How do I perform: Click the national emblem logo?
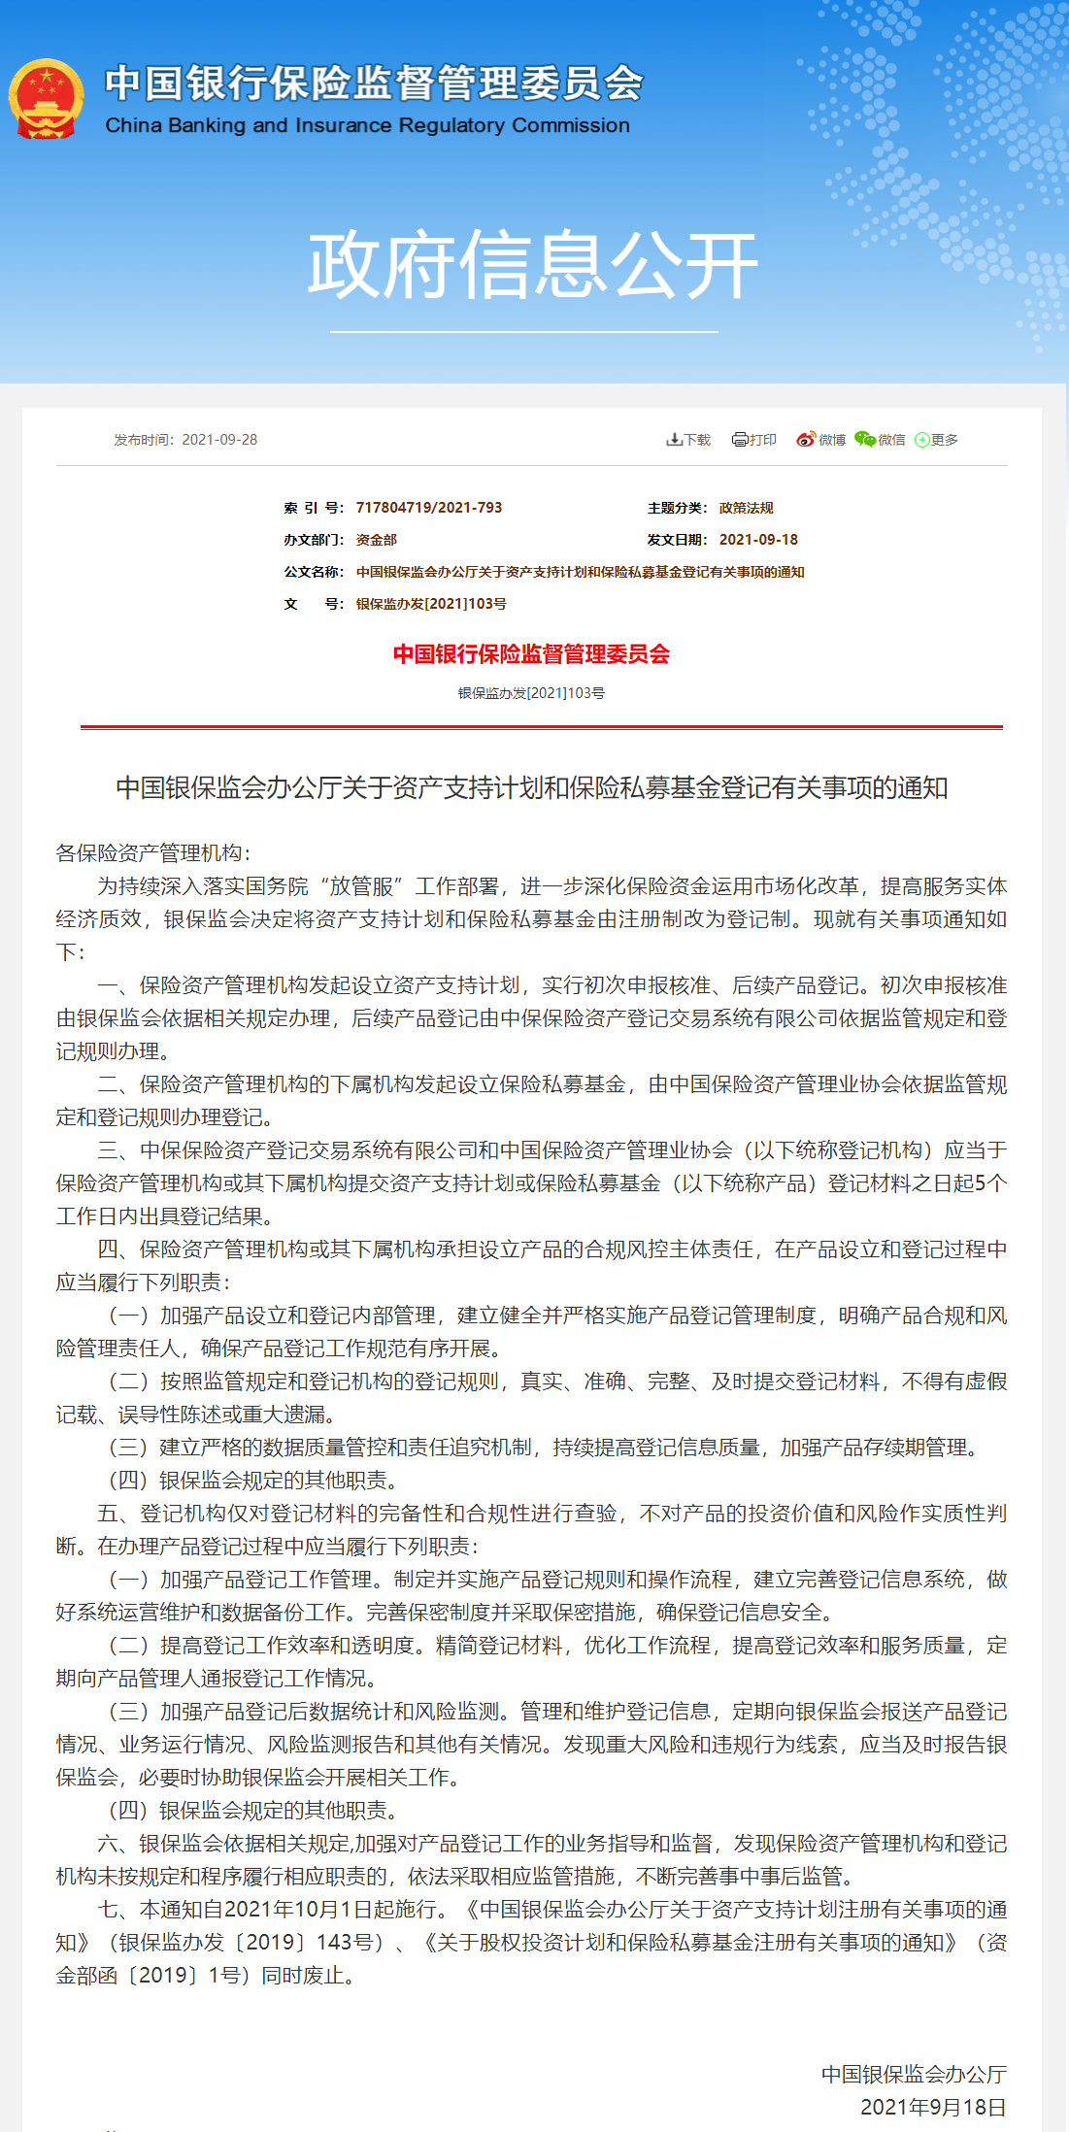pyautogui.click(x=46, y=99)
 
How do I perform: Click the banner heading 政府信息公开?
pyautogui.click(x=532, y=265)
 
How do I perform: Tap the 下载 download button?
pyautogui.click(x=688, y=440)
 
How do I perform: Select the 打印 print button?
pyautogui.click(x=754, y=440)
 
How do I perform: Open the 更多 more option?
pyautogui.click(x=937, y=440)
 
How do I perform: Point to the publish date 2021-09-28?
pyautogui.click(x=219, y=440)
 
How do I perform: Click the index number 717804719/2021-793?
pyautogui.click(x=429, y=508)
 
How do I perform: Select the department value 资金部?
pyautogui.click(x=377, y=540)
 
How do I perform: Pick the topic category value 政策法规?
pyautogui.click(x=747, y=508)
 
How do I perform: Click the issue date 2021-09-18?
pyautogui.click(x=758, y=540)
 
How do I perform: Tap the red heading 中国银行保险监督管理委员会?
pyautogui.click(x=531, y=654)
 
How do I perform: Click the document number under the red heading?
pyautogui.click(x=531, y=693)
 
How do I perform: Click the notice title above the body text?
pyautogui.click(x=531, y=787)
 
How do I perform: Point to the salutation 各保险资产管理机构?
pyautogui.click(x=152, y=853)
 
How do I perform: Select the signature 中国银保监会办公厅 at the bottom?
pyautogui.click(x=914, y=2075)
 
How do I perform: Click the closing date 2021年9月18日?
pyautogui.click(x=933, y=2108)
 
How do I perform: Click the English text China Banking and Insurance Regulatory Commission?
pyautogui.click(x=367, y=125)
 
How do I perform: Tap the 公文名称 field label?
pyautogui.click(x=313, y=572)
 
